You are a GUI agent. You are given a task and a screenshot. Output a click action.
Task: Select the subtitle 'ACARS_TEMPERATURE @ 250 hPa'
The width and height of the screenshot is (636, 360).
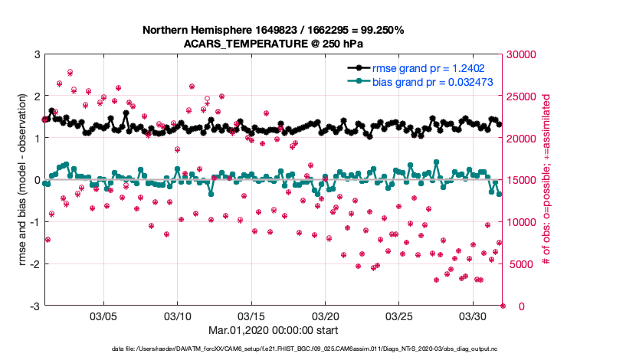[273, 44]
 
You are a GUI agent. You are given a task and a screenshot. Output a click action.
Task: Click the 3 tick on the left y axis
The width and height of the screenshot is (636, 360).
[37, 54]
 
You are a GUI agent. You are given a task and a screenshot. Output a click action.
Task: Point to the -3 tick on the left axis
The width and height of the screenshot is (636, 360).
[35, 306]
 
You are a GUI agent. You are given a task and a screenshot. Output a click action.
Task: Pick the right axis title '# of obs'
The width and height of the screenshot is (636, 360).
[546, 180]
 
